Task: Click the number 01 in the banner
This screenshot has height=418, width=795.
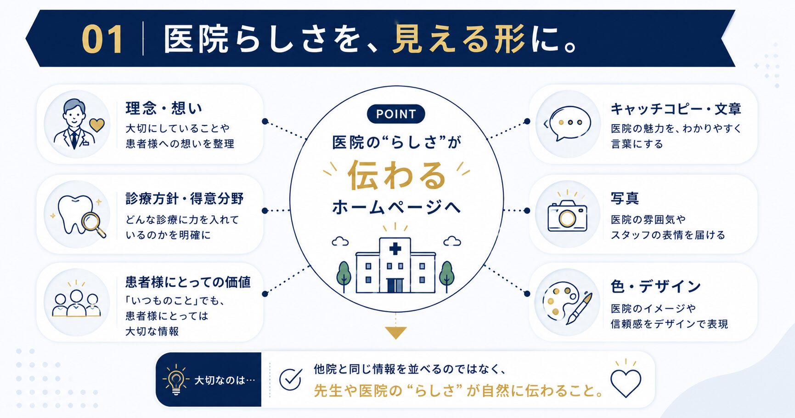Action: tap(102, 40)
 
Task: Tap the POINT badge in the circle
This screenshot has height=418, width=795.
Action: tap(396, 114)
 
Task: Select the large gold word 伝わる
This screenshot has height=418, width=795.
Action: tap(396, 175)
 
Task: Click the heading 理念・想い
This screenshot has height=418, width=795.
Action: tap(164, 108)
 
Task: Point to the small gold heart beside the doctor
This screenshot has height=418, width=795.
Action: tap(97, 125)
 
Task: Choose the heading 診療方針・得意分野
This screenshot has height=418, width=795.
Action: tap(185, 199)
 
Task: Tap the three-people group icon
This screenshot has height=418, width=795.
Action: tap(77, 303)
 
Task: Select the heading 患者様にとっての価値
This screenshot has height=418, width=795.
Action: tap(188, 282)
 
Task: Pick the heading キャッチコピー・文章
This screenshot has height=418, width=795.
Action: tap(676, 109)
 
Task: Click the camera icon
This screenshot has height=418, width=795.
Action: tap(567, 216)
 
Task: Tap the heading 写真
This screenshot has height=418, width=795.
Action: tap(625, 198)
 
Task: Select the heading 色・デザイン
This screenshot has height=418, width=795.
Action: tap(655, 286)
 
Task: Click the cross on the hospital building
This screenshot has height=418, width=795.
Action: tap(395, 249)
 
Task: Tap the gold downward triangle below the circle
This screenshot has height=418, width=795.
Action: tap(396, 333)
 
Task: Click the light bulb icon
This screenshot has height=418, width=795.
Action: tap(176, 380)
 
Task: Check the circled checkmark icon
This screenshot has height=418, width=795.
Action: tap(291, 379)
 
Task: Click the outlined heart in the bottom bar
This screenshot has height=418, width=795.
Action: tap(626, 383)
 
